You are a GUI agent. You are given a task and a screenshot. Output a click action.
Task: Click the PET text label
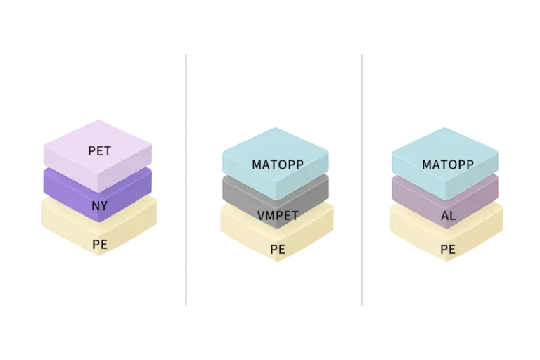coord(99,150)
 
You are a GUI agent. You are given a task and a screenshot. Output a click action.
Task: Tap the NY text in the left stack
coord(99,206)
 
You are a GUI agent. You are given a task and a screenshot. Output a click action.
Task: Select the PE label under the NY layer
coord(99,245)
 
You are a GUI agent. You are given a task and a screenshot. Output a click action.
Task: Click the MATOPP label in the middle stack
coord(276,165)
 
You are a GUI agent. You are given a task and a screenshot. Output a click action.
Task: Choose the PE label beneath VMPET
coord(277,250)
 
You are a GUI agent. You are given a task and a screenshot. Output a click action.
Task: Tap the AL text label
coord(448,216)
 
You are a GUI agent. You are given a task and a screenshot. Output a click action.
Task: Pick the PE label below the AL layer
coord(447,250)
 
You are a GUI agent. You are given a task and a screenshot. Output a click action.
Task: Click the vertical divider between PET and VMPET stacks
coord(186,179)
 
